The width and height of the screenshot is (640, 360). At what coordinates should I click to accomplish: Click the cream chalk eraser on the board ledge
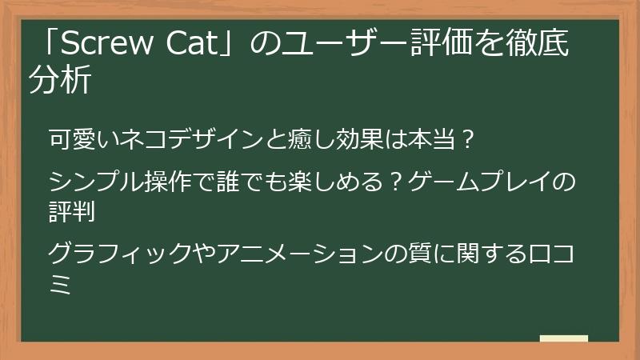[563, 338]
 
